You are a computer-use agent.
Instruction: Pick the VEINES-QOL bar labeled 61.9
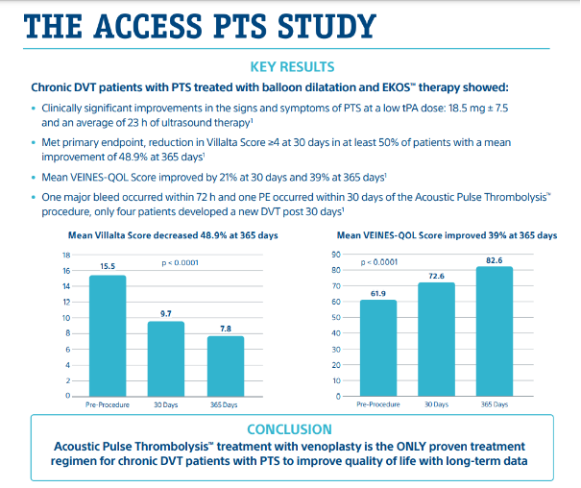(377, 348)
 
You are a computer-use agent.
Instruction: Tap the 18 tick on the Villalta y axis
(66, 256)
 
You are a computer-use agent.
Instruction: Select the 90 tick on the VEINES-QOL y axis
(337, 255)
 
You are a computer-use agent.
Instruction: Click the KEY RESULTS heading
(292, 66)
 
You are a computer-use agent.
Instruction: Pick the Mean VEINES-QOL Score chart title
(447, 235)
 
